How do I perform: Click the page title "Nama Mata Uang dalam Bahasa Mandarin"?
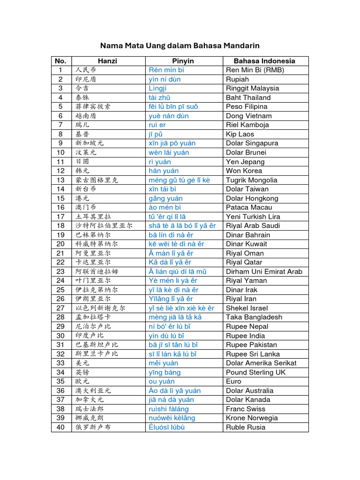180,45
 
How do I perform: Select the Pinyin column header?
183,61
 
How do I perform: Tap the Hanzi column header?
107,61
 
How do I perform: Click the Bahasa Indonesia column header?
264,61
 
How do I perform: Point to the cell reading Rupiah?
237,79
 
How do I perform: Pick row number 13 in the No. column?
60,180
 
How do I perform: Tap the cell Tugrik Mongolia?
252,180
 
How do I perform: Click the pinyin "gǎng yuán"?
165,198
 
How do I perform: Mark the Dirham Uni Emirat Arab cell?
264,271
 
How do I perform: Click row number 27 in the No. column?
60,308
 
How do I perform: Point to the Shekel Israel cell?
247,308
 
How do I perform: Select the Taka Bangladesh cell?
254,317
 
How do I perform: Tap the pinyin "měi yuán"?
163,363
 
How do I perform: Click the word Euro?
233,381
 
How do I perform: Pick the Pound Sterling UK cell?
255,372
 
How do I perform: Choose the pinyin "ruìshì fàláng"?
169,409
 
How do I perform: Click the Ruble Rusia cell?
246,427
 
